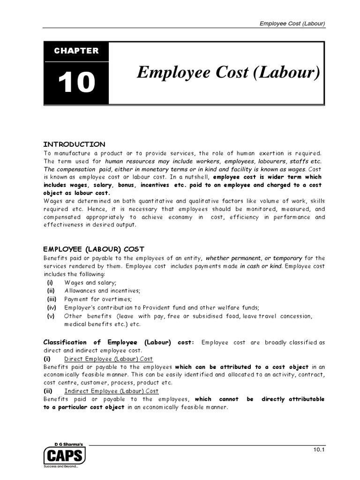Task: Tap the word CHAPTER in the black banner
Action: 76,51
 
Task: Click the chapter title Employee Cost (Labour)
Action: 228,73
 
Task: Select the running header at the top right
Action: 292,24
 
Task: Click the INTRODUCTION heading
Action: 75,144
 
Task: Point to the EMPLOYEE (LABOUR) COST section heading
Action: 94,249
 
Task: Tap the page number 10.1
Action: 320,450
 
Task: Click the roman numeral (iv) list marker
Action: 51,307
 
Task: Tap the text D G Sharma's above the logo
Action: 65,442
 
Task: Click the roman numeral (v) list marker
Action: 51,316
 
